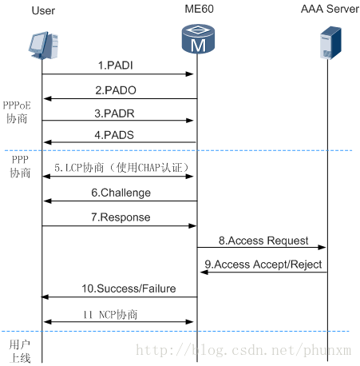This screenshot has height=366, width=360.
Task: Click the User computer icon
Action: click(x=43, y=46)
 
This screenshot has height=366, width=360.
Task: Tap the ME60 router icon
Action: click(x=198, y=39)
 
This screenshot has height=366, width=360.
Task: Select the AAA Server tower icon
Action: click(x=330, y=42)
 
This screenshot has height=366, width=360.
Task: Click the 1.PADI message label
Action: click(x=116, y=66)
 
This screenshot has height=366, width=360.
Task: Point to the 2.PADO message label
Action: click(x=116, y=90)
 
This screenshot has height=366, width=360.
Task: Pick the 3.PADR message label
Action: click(x=114, y=113)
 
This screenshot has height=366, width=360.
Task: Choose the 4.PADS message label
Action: click(x=114, y=135)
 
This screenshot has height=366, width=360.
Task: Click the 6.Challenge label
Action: click(x=121, y=193)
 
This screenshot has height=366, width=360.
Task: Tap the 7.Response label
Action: click(x=121, y=217)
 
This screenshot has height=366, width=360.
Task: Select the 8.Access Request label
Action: click(x=263, y=241)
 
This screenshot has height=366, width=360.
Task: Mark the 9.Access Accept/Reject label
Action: click(x=263, y=265)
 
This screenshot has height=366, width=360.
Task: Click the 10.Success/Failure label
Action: click(x=129, y=288)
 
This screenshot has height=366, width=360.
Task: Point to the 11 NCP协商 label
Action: click(x=110, y=315)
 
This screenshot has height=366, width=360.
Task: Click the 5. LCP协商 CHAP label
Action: click(x=121, y=168)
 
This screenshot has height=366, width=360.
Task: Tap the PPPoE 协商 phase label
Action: click(x=17, y=112)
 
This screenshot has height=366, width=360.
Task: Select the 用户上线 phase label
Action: click(x=20, y=352)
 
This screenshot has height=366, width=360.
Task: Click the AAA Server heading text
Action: click(x=330, y=9)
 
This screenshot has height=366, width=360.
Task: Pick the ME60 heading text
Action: click(x=199, y=9)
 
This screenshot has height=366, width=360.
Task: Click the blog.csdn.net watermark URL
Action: click(x=243, y=350)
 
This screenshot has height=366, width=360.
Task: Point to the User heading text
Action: click(x=43, y=10)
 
